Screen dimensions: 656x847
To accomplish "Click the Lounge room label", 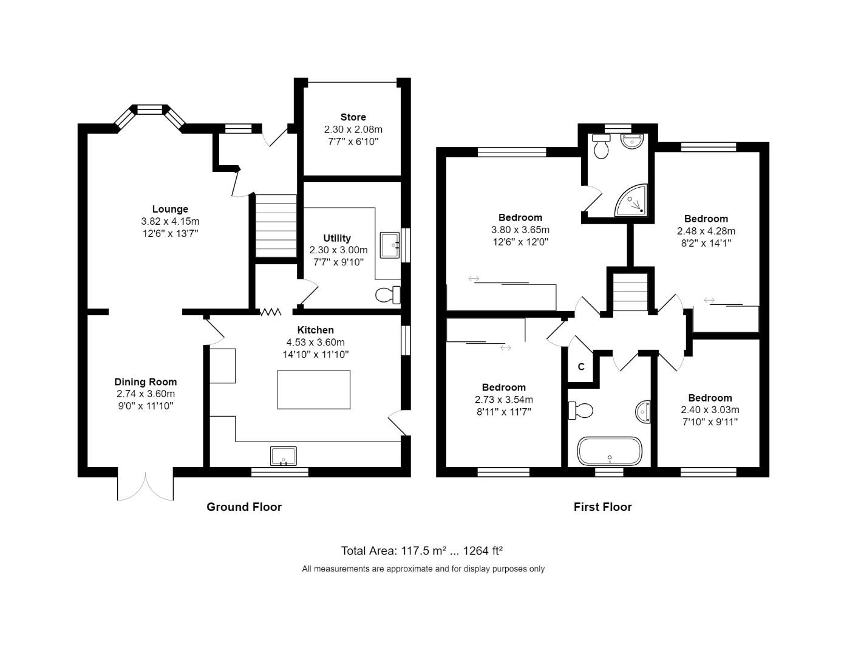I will [x=170, y=209].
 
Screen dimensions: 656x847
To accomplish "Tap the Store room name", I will [x=353, y=117].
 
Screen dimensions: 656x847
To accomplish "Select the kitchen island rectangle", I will [x=313, y=389].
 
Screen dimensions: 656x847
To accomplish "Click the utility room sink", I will [x=389, y=245].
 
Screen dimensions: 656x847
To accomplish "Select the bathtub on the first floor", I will [x=609, y=451].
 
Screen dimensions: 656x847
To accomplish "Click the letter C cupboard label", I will [x=581, y=367].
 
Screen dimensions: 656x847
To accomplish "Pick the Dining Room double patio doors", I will [x=146, y=485].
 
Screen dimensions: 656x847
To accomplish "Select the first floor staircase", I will [x=630, y=292].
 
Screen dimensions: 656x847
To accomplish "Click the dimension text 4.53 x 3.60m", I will [x=315, y=342].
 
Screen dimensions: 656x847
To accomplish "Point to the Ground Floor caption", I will [x=244, y=507].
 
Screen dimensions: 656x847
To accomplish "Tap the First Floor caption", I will [x=602, y=507].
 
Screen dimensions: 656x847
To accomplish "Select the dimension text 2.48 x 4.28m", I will [x=706, y=231].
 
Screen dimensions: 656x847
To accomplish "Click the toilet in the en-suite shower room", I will [x=601, y=147].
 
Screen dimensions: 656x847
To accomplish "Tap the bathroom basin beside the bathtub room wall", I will [x=644, y=412].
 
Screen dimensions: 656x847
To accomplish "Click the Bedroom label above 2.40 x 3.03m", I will [x=710, y=398].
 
